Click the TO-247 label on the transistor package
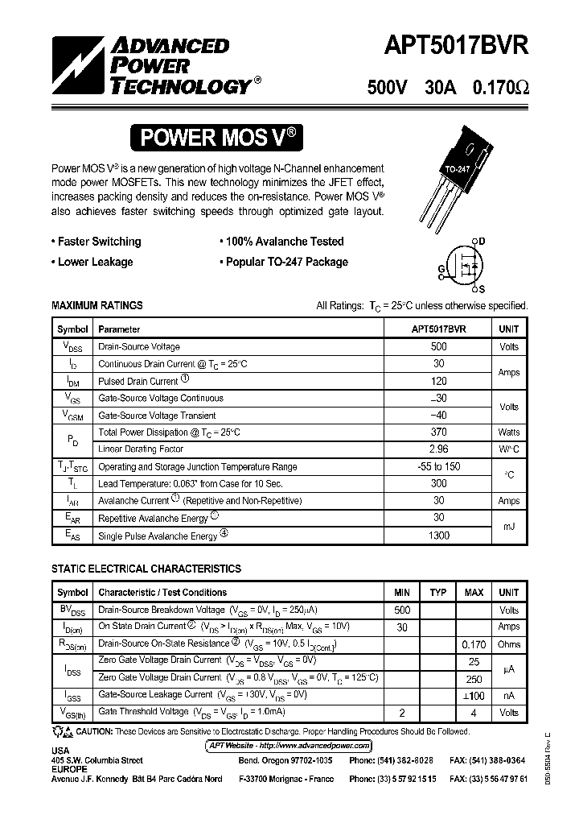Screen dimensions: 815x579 tap(458, 170)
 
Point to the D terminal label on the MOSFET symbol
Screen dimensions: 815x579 tap(482, 241)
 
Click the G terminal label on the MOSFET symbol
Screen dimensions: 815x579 tap(441, 267)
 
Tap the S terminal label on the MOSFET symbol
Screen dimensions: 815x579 tap(482, 288)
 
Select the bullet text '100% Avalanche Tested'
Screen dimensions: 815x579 tap(284, 242)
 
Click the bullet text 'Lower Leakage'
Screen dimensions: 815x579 tap(95, 262)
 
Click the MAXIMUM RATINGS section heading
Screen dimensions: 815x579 tap(96, 305)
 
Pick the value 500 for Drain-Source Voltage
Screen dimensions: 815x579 tap(438, 346)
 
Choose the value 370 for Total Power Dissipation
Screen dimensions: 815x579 tap(438, 432)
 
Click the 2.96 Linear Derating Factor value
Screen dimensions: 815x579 tap(438, 449)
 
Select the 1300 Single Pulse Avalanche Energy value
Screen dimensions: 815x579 tap(438, 536)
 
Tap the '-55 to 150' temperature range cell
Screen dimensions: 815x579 tap(438, 466)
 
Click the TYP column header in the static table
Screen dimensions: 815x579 tap(437, 593)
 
